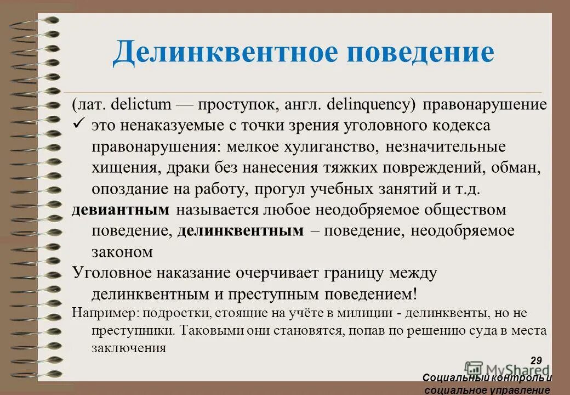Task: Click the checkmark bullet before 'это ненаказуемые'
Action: click(78, 126)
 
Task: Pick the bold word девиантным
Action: click(120, 210)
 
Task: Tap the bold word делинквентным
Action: click(240, 231)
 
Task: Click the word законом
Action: click(122, 252)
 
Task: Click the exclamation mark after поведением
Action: click(415, 294)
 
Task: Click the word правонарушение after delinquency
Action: click(485, 105)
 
